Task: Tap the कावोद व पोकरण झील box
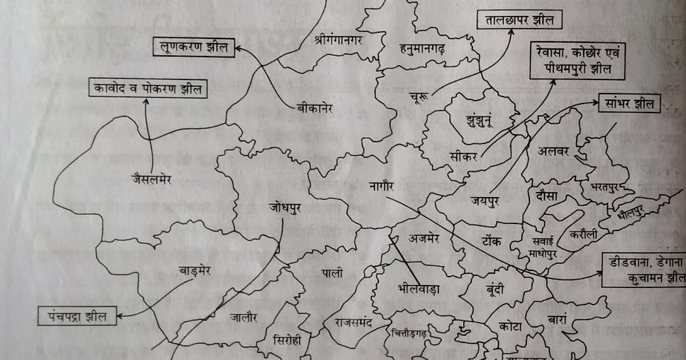point(148,88)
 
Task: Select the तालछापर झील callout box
point(519,22)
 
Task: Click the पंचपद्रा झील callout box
point(77,315)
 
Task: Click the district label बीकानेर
point(315,107)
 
